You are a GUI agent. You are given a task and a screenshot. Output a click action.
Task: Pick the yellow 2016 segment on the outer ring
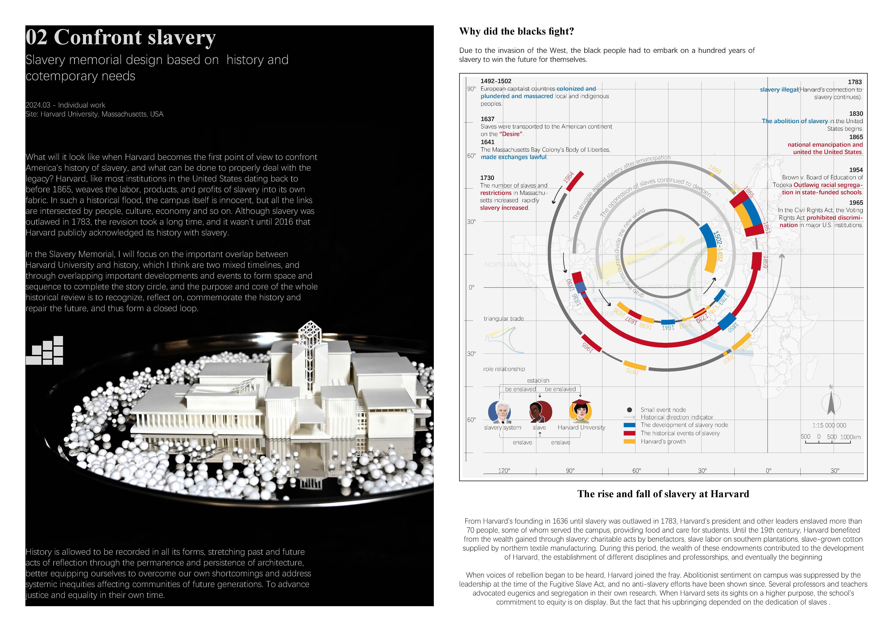tap(741, 341)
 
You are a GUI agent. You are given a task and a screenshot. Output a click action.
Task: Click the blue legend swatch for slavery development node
tap(629, 425)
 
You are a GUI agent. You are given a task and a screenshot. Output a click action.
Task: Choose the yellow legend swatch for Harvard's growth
tap(629, 441)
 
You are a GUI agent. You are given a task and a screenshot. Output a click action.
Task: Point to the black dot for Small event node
tap(629, 410)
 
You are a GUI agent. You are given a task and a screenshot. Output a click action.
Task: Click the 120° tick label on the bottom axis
tap(504, 471)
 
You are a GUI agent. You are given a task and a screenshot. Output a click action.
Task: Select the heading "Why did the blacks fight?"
tap(516, 31)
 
